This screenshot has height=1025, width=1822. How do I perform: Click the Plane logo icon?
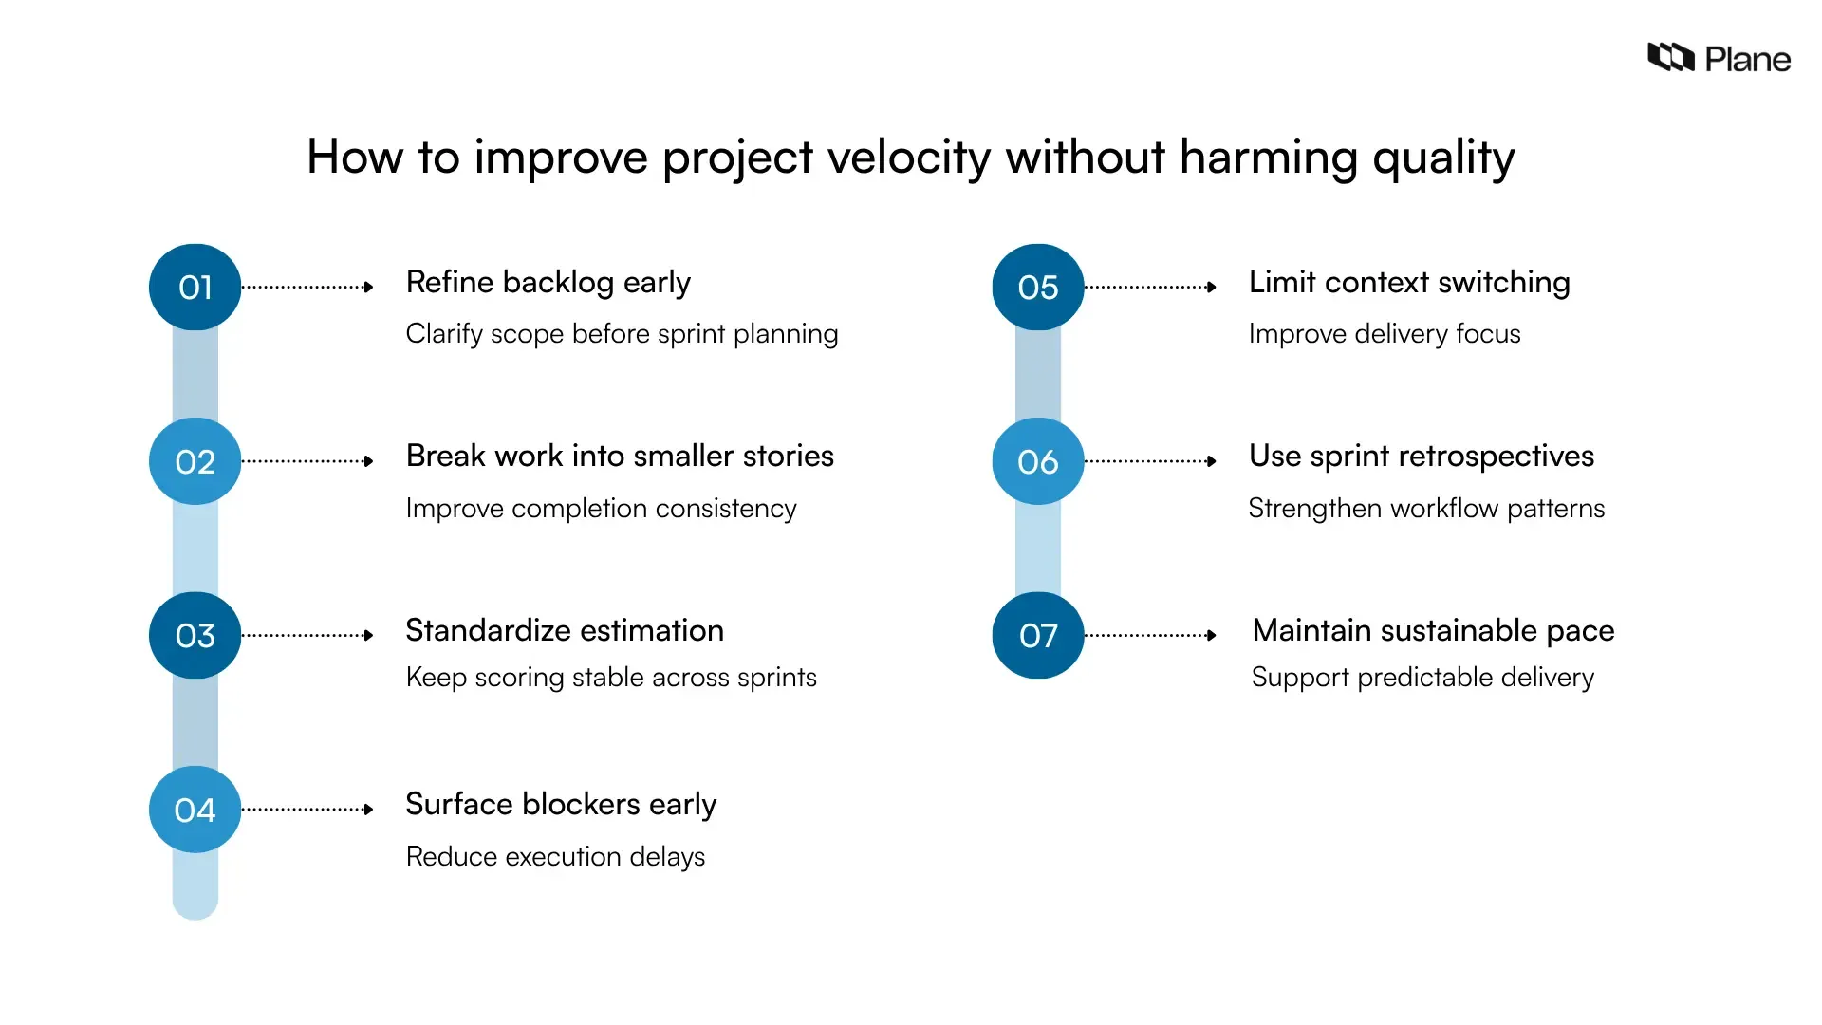1670,58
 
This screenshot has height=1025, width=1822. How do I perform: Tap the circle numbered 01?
195,287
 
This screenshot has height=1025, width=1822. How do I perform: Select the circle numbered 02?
195,461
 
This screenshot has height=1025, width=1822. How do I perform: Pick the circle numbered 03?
195,635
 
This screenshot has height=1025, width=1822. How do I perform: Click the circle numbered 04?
195,810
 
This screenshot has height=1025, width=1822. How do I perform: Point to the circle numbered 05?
1037,287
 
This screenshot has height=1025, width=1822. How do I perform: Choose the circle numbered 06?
1037,461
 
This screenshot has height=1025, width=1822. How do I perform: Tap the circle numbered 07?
1037,635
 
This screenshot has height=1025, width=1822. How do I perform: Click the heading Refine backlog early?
548,283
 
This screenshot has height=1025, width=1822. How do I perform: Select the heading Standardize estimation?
564,630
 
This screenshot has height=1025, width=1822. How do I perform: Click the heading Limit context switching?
1408,283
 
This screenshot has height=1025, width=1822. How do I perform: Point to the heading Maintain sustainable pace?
1432,630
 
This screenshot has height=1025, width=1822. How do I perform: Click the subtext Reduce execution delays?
555,856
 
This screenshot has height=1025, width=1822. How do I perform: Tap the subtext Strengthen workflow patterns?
1425,509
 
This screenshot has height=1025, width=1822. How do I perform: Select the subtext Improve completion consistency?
601,509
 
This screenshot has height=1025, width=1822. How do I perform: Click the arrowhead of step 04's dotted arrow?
368,810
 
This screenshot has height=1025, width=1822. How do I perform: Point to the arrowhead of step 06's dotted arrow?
1211,461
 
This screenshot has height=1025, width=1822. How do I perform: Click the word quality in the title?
1442,158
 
